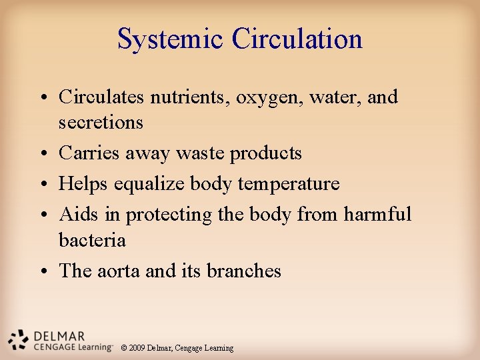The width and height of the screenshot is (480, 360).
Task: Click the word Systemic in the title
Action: coord(171,39)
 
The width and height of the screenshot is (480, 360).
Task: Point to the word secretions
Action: coord(101,123)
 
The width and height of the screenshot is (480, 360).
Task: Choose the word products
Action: coord(265,154)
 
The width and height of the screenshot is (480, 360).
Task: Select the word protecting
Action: coord(170,215)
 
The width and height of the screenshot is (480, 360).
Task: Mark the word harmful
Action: coord(377,215)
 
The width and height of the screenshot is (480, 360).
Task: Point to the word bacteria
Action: coord(92,239)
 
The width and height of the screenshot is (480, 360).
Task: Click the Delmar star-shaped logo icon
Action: coord(18,339)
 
